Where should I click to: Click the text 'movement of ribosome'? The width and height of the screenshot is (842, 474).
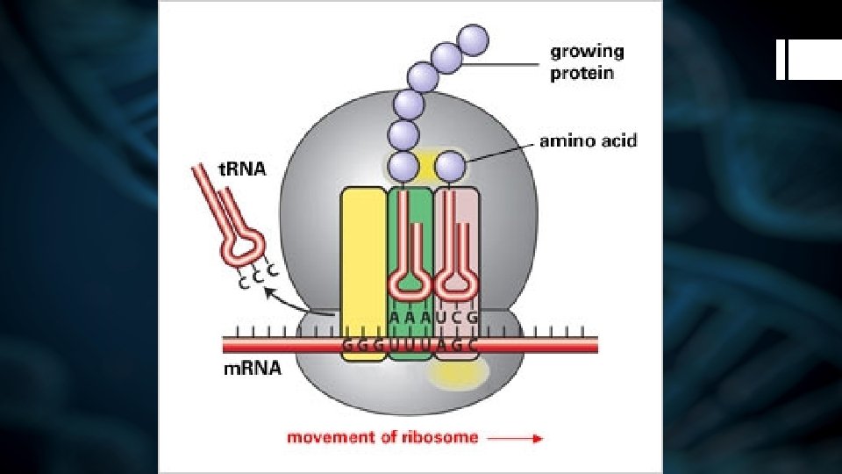[x=383, y=437]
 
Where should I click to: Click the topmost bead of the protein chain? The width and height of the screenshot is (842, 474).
[x=474, y=39]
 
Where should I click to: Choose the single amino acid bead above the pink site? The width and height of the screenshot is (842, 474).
[x=451, y=165]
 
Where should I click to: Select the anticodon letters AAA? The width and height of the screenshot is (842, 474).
[x=410, y=316]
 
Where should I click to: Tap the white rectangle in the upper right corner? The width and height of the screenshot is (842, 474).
[x=808, y=60]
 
